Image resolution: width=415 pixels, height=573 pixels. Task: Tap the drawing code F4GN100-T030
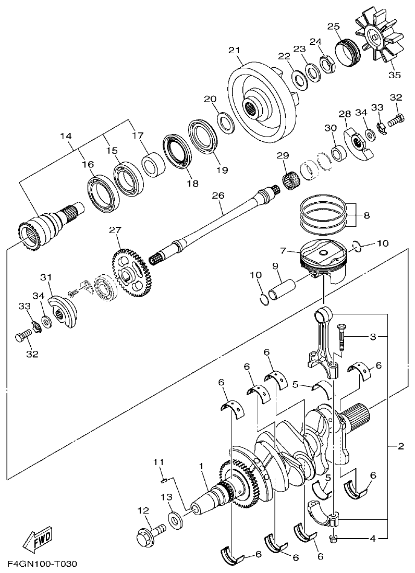pyautogui.click(x=42, y=564)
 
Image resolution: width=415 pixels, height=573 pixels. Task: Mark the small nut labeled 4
pyautogui.click(x=333, y=538)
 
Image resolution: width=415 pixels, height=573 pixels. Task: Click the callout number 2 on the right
pyautogui.click(x=400, y=446)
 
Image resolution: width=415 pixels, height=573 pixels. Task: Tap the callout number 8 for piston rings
pyautogui.click(x=367, y=214)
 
